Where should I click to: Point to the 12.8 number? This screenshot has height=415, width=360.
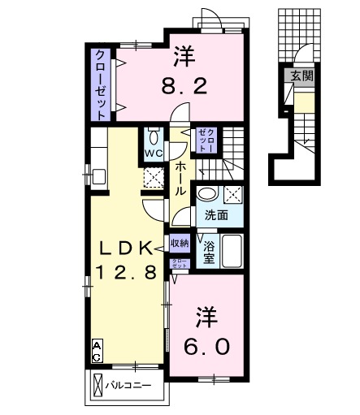[x=128, y=273]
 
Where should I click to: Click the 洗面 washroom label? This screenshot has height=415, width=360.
[x=216, y=216]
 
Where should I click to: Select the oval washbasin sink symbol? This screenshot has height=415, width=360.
[x=207, y=195]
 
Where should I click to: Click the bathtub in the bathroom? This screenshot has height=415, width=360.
[x=232, y=253]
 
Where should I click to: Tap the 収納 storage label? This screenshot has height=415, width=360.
[x=180, y=242]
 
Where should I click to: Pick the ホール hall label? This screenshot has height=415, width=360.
[x=180, y=176]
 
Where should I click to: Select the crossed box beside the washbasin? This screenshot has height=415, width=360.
[x=233, y=195]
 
